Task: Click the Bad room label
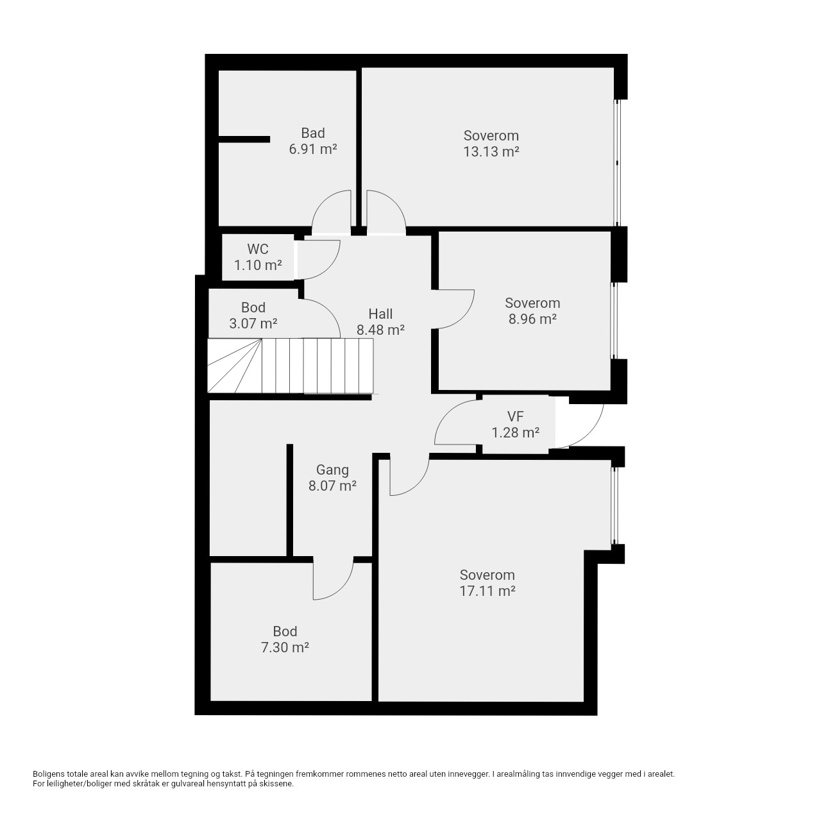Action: [313, 133]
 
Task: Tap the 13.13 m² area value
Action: [491, 151]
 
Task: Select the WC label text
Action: [258, 249]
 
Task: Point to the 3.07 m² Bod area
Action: [253, 324]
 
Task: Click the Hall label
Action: [380, 314]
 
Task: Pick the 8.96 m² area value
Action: [532, 319]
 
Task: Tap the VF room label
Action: [515, 416]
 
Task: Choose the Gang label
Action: [332, 470]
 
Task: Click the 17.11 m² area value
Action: [487, 591]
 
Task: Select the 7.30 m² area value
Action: [285, 648]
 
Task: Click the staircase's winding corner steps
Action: [234, 366]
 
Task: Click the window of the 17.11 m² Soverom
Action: [614, 505]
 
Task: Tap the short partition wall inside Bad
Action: [244, 139]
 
